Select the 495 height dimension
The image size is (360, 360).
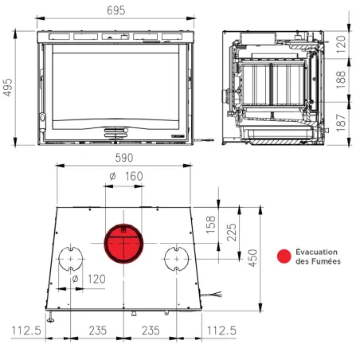point(9,89)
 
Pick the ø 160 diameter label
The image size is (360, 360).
point(123,176)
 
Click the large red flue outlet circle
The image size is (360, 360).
point(123,244)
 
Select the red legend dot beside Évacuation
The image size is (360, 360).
point(283,256)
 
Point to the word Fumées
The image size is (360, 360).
point(326,261)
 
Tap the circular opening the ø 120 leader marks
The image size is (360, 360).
point(71,260)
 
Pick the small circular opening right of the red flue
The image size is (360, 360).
point(175,260)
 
